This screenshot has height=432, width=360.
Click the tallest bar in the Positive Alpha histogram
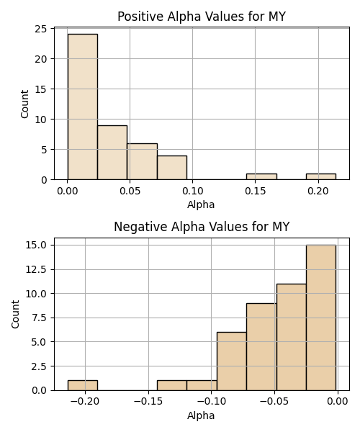coord(83,107)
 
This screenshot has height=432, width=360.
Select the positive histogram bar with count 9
coord(112,153)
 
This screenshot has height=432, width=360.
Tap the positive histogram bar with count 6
coord(142,161)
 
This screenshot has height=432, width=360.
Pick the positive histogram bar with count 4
coord(172,168)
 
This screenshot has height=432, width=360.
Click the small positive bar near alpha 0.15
coord(261,176)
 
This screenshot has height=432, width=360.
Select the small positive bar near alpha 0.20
coord(321,176)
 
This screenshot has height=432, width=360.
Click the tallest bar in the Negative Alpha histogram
coord(321,318)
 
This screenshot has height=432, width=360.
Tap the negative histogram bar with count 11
coord(292,337)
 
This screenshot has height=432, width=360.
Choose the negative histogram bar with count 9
coord(261,347)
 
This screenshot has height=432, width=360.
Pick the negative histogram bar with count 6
coord(232,361)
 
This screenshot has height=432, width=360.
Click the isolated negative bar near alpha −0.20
coord(83,385)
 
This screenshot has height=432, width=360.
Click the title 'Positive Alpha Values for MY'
coord(202,17)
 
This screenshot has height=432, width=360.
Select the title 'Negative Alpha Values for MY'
coord(202,227)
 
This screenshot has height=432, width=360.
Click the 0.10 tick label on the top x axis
coord(192,191)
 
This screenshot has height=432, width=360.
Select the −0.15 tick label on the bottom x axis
coord(148,402)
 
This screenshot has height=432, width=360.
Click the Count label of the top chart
coord(24,104)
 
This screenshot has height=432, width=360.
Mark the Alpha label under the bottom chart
coord(201,415)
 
